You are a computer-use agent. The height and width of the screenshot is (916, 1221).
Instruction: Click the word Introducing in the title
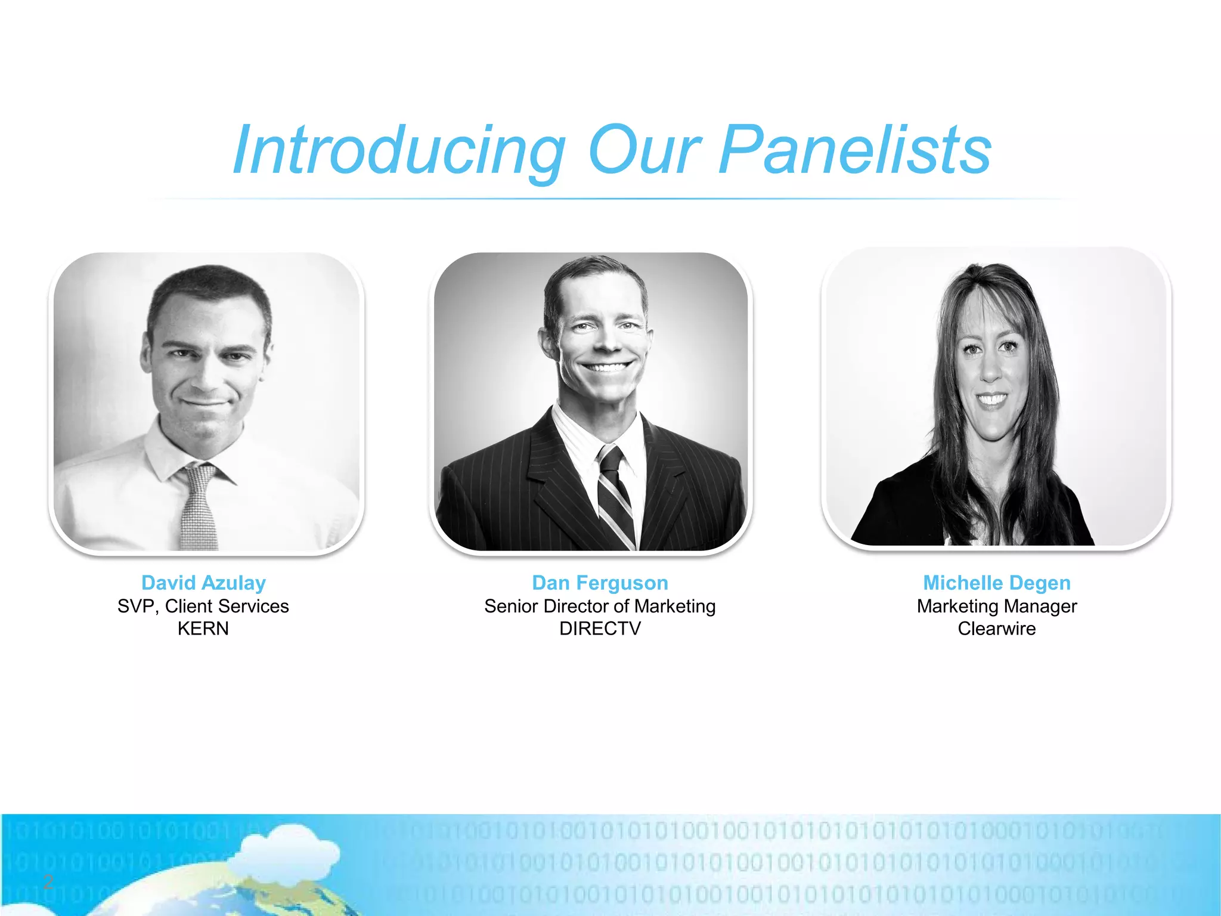click(x=398, y=150)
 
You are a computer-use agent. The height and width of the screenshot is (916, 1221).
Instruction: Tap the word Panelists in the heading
click(x=855, y=150)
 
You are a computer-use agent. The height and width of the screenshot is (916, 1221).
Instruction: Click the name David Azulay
click(x=203, y=583)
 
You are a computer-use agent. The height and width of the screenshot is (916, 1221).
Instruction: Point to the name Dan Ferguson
click(x=600, y=583)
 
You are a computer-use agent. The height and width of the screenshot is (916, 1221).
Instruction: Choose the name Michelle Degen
click(x=997, y=583)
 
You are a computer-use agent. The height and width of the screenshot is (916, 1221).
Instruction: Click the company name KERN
click(x=203, y=629)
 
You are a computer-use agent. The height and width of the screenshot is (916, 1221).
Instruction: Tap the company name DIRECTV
click(x=600, y=629)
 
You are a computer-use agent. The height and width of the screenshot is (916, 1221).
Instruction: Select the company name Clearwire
click(x=997, y=629)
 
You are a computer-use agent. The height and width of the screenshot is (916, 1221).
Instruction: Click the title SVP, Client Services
click(x=203, y=606)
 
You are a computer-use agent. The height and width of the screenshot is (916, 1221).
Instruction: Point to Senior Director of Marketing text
click(x=600, y=606)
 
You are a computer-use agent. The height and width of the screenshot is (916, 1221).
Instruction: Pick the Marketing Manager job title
click(x=997, y=606)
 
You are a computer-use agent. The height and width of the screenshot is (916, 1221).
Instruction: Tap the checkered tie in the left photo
click(x=199, y=507)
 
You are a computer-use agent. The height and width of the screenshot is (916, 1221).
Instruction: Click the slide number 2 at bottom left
click(x=48, y=881)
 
